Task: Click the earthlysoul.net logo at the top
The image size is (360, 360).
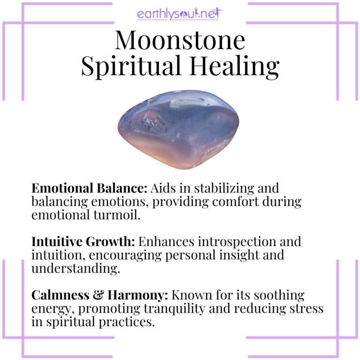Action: (x=180, y=14)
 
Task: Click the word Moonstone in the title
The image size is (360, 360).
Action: (x=180, y=41)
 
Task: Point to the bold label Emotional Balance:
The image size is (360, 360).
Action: (x=89, y=188)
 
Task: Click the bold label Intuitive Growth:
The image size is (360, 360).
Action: (x=82, y=242)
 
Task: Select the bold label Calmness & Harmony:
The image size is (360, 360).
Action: (x=100, y=296)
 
